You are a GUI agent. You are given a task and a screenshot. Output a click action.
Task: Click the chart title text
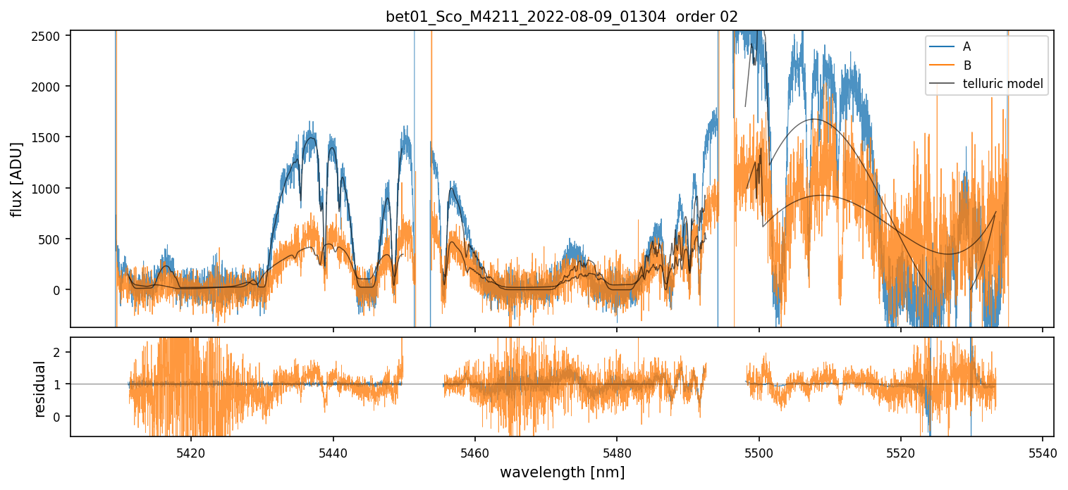tap(561, 17)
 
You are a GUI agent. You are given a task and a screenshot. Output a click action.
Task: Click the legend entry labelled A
tap(966, 46)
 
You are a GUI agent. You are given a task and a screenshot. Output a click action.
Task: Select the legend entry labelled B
tap(966, 65)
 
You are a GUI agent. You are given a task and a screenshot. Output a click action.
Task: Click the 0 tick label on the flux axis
tap(60, 290)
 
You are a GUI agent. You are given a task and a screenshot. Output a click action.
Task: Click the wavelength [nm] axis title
tap(562, 472)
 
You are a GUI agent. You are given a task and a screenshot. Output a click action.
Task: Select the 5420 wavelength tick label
tap(190, 451)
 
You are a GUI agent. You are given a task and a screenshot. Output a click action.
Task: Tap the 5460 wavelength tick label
tap(475, 451)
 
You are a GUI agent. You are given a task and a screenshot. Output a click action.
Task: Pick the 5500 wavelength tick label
tap(759, 451)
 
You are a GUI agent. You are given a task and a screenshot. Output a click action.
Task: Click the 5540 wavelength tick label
tap(1043, 451)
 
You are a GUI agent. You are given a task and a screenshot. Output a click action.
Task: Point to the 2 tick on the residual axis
tap(60, 352)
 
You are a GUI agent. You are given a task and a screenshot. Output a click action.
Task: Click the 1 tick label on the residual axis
tap(60, 384)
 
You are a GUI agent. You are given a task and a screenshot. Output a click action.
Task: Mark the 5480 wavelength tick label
tap(617, 451)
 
